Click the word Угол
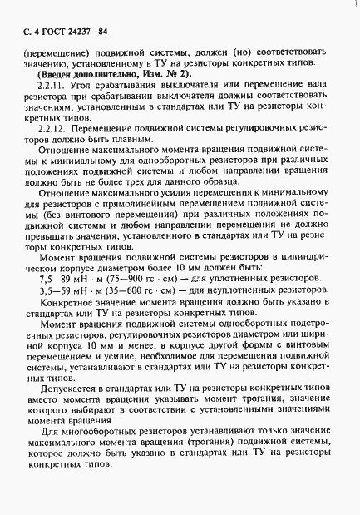(x=86, y=109)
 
